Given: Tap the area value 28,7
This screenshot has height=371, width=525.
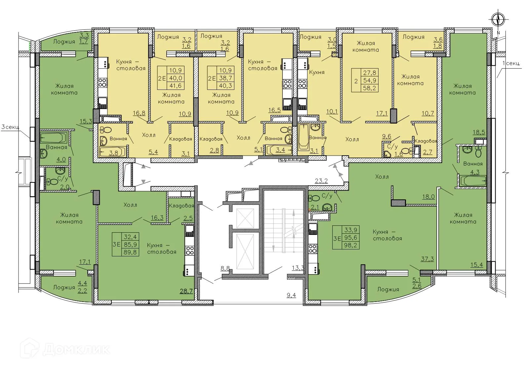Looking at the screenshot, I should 186,291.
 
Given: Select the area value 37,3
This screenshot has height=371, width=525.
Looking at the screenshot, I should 427,259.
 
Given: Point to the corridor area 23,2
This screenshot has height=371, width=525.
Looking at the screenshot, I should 321,181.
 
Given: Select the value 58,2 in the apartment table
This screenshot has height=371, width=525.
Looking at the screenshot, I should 369,88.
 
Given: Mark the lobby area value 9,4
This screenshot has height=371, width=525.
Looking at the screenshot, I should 291,295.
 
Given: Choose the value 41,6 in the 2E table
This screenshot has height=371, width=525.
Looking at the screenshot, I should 176,86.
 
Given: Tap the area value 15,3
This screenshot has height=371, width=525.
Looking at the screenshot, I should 86,122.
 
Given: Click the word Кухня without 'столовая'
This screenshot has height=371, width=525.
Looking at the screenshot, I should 317,72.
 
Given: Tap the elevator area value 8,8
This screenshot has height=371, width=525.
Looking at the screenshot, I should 225,268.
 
